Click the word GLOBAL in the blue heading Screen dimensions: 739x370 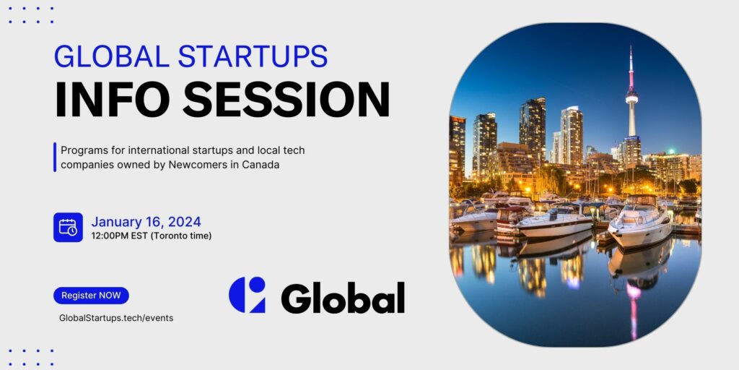[112, 56]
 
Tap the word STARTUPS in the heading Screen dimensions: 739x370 [253, 56]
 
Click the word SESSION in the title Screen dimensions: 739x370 [286, 100]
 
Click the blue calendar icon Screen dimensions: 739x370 [68, 227]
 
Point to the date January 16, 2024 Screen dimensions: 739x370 [146, 222]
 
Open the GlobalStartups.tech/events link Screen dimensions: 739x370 [116, 318]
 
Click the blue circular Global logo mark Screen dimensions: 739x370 [247, 295]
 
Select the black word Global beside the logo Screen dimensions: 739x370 [343, 298]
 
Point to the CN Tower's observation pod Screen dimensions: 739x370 [631, 98]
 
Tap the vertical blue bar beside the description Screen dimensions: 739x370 [55, 157]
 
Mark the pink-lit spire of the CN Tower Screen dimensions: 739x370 [631, 66]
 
